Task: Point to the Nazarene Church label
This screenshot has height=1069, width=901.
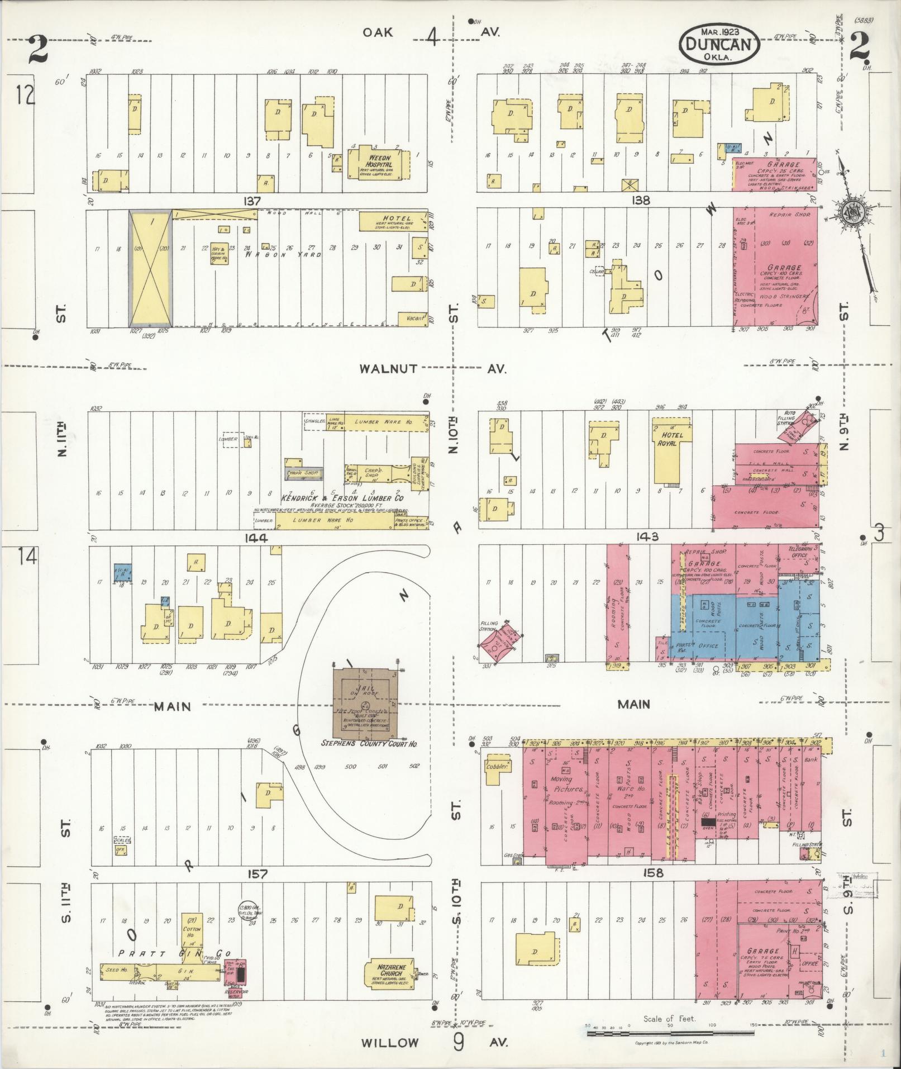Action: [388, 970]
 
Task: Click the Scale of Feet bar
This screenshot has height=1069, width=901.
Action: [670, 1035]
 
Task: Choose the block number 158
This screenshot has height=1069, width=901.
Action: [652, 873]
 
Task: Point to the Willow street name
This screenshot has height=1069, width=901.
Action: [389, 1042]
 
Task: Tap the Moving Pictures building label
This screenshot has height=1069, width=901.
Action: [561, 783]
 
